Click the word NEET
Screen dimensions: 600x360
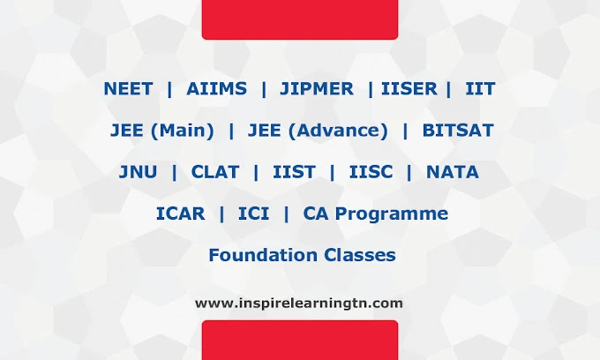click(x=128, y=89)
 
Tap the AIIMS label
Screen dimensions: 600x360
click(x=216, y=89)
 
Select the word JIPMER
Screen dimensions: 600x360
click(x=317, y=89)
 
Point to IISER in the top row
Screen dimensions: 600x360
click(x=409, y=89)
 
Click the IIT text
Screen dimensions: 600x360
click(x=480, y=89)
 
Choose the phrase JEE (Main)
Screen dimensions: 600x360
click(x=162, y=131)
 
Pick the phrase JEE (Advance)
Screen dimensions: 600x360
click(x=318, y=131)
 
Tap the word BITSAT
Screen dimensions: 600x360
click(x=458, y=131)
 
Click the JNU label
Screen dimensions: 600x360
click(x=139, y=172)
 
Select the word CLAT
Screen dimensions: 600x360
click(x=215, y=172)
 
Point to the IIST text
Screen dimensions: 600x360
click(x=294, y=172)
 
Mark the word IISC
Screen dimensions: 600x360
click(x=371, y=172)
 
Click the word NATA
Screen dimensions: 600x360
click(x=453, y=172)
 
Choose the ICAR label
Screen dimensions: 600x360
click(x=181, y=214)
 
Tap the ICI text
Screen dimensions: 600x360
click(x=254, y=214)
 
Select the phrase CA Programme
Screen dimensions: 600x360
click(x=375, y=214)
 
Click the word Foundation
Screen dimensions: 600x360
click(x=263, y=255)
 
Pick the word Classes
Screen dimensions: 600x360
click(x=360, y=255)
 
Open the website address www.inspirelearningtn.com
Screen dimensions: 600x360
click(x=299, y=304)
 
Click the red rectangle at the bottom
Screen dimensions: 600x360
click(x=300, y=340)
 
